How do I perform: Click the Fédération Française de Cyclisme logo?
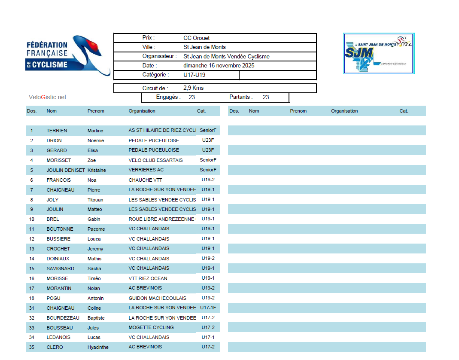67,55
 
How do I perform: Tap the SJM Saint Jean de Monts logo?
378,53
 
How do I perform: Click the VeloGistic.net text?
47,98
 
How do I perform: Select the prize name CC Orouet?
196,38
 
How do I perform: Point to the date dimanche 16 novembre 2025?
219,66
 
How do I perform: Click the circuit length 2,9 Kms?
193,88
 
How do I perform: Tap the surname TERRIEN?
57,131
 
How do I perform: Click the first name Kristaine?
97,170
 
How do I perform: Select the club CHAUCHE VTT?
145,180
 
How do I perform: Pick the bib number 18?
32,298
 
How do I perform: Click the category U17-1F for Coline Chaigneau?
208,308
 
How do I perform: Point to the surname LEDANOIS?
58,338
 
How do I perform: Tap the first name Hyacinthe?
98,348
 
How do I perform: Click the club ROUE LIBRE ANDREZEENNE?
161,219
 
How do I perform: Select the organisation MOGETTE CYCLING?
151,327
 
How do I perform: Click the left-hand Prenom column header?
96,111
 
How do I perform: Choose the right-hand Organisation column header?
344,111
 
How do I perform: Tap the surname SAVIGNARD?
60,268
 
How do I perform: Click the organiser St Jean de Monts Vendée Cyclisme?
226,57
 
